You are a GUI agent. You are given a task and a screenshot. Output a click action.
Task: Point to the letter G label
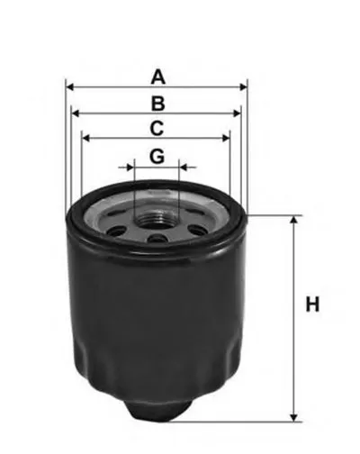[157, 156]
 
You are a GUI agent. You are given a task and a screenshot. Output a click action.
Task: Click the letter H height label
[312, 305]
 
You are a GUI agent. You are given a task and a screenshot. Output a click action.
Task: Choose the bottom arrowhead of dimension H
[293, 415]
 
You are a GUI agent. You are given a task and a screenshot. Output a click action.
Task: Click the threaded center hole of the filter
[157, 216]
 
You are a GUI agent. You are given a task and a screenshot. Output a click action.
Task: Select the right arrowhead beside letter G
[184, 168]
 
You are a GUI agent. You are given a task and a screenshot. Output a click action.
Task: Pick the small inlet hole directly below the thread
[157, 239]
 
